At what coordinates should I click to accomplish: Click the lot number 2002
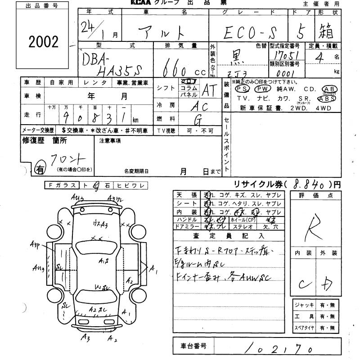(x=44, y=42)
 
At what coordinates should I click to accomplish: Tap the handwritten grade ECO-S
(x=249, y=32)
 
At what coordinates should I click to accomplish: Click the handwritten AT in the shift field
(x=208, y=90)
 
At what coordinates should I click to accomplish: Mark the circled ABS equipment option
(x=326, y=98)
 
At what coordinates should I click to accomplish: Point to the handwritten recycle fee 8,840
(x=310, y=184)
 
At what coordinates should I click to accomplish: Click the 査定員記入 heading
(x=229, y=236)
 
